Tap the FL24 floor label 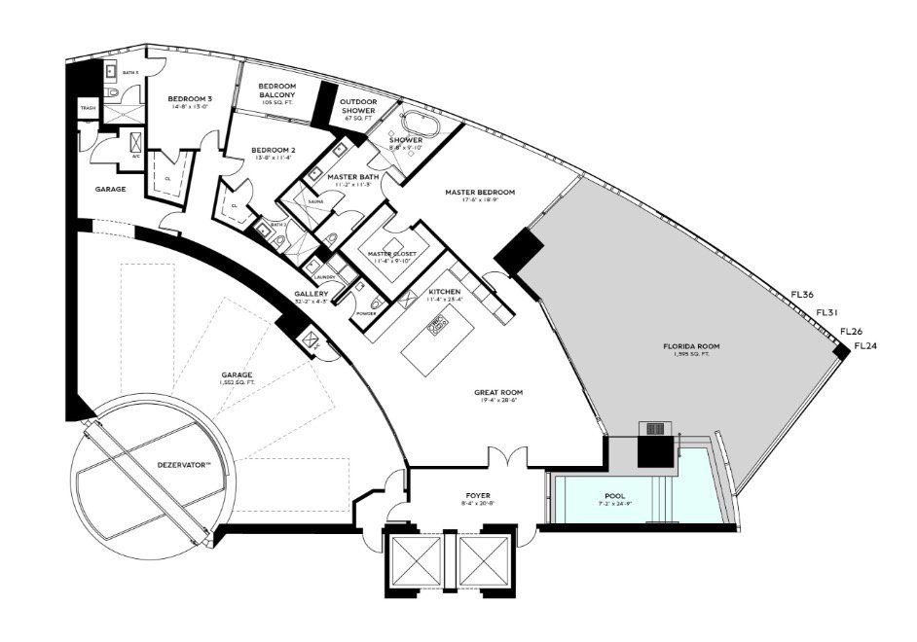864,345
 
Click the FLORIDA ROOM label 691,346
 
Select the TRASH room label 87,108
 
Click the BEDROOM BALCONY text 276,90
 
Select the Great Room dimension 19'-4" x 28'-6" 494,401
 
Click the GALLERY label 311,293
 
